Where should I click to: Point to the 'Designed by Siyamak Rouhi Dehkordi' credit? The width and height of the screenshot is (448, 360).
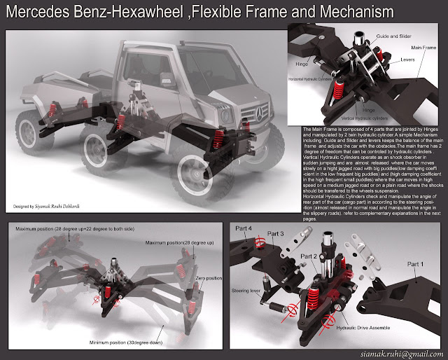tap(51, 187)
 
